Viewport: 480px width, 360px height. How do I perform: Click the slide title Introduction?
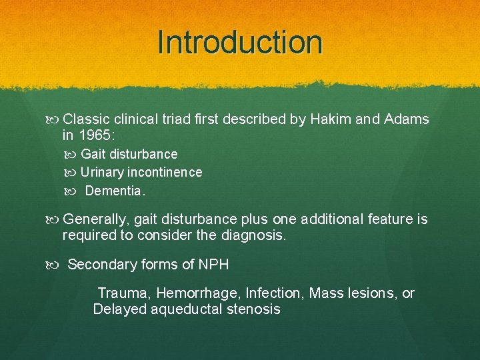pos(240,42)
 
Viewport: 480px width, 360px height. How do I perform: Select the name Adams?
pos(407,120)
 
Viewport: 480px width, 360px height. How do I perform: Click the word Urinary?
pos(103,172)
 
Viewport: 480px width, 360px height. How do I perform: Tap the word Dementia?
pos(114,191)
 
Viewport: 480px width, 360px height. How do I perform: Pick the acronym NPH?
pos(213,265)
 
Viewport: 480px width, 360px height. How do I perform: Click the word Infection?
pos(273,293)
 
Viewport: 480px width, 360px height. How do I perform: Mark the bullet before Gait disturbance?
pos(73,155)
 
